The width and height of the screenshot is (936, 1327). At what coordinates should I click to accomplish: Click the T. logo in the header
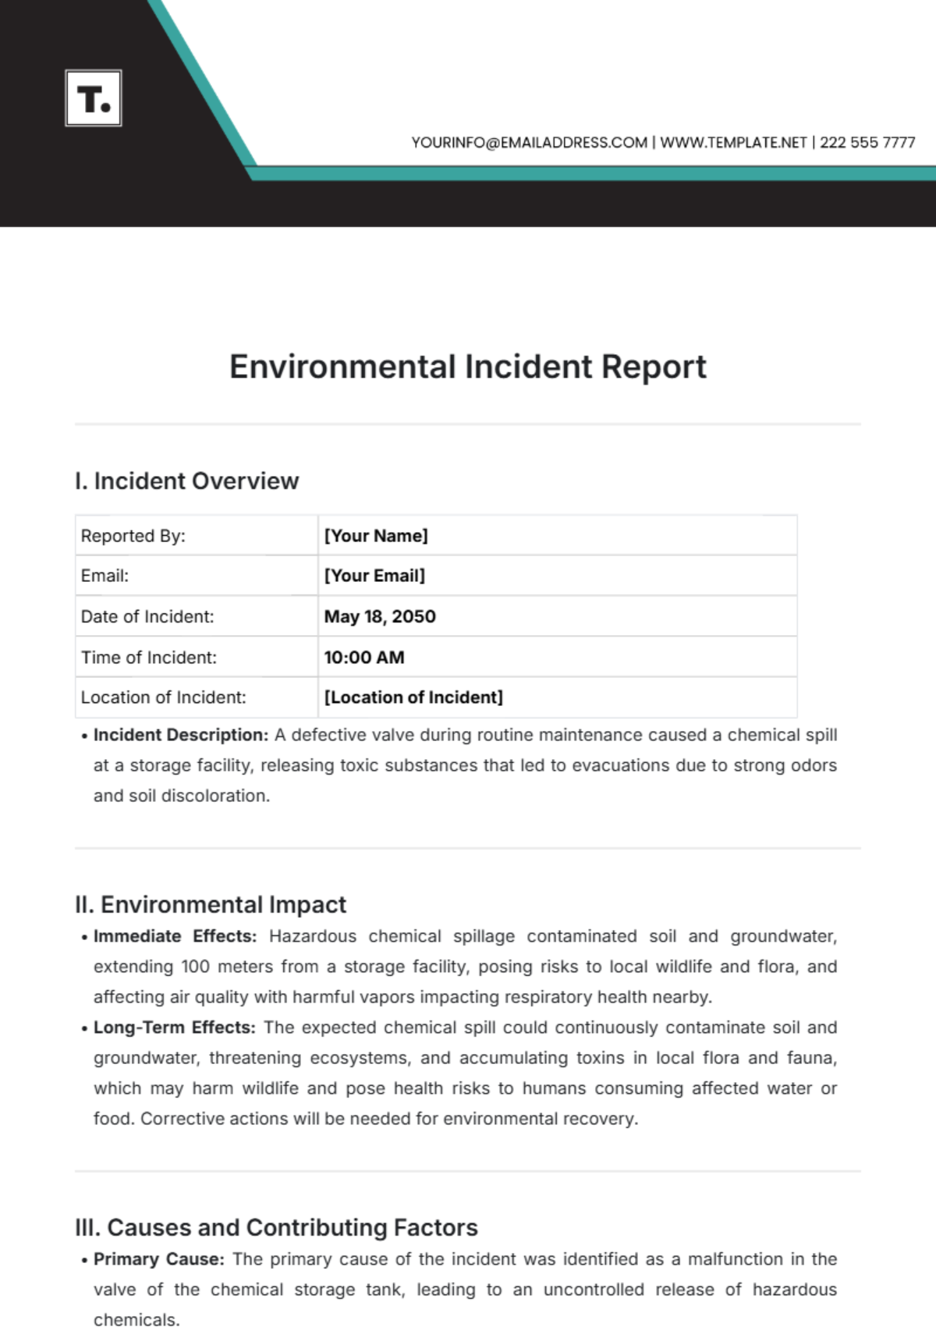point(94,98)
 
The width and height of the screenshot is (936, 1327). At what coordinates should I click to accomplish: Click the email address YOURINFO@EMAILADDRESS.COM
point(529,143)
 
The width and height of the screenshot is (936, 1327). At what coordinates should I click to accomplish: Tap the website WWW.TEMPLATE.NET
point(733,143)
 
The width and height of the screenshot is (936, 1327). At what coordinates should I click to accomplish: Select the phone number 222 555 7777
point(867,143)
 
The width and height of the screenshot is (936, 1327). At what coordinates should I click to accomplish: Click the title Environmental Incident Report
point(467,367)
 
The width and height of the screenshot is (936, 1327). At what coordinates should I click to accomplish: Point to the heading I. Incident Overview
point(186,481)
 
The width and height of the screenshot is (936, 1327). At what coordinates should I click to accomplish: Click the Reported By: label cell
point(133,536)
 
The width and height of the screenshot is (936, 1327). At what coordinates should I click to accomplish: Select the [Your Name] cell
point(376,536)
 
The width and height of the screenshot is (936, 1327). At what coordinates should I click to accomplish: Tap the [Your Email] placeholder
point(374,576)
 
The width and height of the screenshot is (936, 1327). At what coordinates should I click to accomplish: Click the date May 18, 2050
point(380,616)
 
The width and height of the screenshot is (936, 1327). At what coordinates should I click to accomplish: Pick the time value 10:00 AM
point(364,658)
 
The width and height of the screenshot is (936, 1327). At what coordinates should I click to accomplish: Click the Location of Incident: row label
point(163,697)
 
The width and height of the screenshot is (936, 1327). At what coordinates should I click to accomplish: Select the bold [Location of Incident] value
point(413,697)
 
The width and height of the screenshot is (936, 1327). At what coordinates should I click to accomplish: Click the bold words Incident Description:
point(180,735)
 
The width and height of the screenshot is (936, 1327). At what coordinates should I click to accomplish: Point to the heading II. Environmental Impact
point(210,904)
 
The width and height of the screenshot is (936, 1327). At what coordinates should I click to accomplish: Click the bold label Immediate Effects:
point(175,936)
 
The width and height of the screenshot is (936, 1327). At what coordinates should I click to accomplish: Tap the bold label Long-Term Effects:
point(174,1027)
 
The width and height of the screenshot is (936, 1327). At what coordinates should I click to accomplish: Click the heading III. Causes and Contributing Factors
point(276,1227)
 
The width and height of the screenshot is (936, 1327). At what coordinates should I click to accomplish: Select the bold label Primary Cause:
point(158,1259)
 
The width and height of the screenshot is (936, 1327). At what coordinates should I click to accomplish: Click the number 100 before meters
point(195,967)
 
